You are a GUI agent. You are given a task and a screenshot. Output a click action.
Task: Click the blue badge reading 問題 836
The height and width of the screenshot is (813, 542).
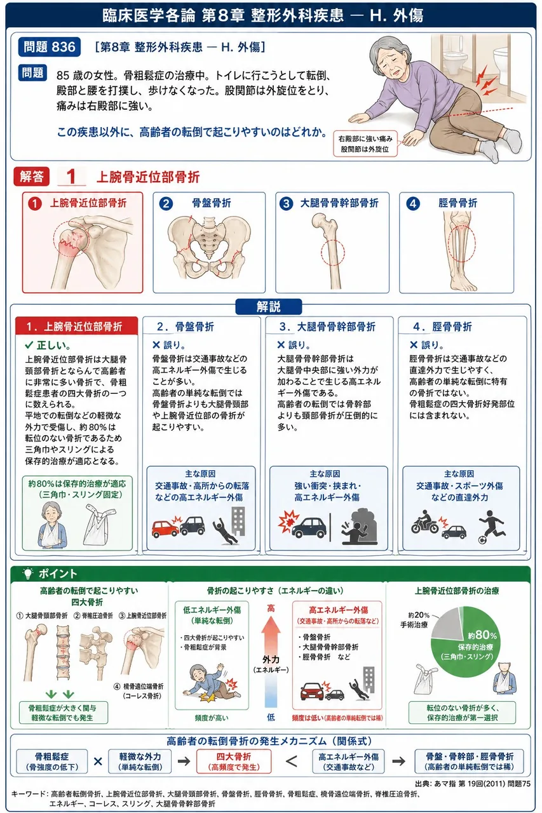pyautogui.click(x=50, y=47)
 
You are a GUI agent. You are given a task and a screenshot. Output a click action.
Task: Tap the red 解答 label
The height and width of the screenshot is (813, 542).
pyautogui.click(x=32, y=177)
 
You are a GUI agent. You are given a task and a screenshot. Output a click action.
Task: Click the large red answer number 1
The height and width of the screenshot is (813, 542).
pyautogui.click(x=71, y=177)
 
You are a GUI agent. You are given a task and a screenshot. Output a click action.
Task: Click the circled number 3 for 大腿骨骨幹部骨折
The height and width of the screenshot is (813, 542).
pyautogui.click(x=286, y=204)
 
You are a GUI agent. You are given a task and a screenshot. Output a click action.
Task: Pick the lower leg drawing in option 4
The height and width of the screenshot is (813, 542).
pyautogui.click(x=459, y=251)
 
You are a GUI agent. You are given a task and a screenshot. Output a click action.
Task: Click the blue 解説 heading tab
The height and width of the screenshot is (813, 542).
pyautogui.click(x=269, y=307)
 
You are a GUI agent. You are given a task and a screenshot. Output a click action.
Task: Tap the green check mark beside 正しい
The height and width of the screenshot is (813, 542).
pyautogui.click(x=29, y=345)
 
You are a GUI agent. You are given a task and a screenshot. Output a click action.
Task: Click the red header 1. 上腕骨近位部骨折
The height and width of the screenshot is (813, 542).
pyautogui.click(x=77, y=326)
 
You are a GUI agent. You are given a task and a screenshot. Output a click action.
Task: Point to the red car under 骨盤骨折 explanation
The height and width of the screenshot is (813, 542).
pyautogui.click(x=165, y=528)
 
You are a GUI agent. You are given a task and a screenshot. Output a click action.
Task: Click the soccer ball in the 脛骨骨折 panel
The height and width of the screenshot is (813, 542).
pyautogui.click(x=482, y=540)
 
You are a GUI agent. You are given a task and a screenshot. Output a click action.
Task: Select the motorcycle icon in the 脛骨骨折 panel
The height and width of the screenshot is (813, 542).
pyautogui.click(x=424, y=523)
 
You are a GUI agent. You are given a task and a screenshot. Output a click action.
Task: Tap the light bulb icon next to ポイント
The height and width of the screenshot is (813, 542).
pyautogui.click(x=27, y=574)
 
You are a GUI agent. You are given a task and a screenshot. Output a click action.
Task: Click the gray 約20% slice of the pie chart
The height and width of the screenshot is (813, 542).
pyautogui.click(x=447, y=625)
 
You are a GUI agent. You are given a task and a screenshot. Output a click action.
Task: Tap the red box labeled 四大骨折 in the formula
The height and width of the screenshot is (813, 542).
pyautogui.click(x=234, y=762)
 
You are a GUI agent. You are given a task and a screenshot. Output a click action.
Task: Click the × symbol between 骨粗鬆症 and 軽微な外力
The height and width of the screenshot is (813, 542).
pyautogui.click(x=98, y=762)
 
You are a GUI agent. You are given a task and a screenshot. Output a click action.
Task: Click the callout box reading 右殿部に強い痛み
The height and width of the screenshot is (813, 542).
pyautogui.click(x=365, y=144)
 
